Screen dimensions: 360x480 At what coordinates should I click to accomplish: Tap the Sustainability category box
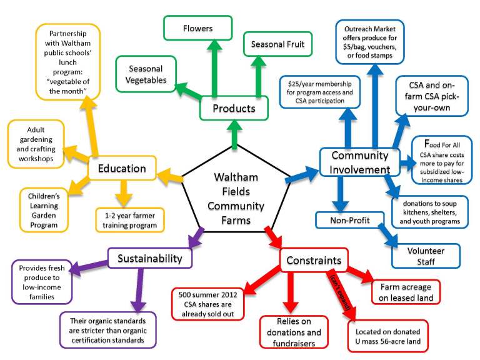150,257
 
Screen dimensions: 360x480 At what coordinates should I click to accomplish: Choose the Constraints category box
314,260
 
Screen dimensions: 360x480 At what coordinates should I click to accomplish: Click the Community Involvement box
359,162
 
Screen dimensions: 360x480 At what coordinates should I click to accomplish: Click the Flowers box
197,29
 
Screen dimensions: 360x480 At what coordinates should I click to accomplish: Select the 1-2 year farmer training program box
130,219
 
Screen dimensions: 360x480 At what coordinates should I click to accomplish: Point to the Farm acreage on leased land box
406,291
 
